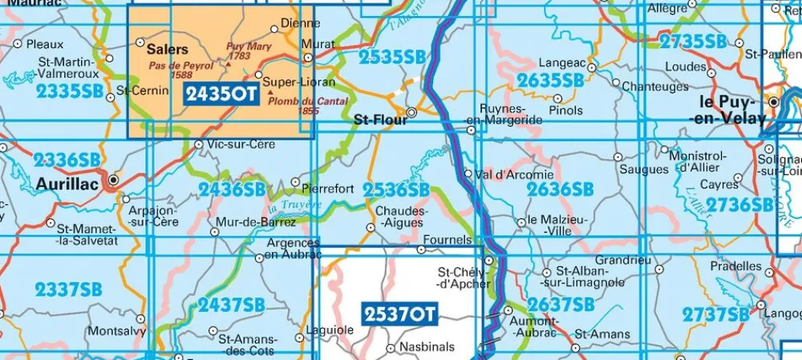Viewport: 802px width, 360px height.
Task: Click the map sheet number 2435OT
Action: tap(221, 95)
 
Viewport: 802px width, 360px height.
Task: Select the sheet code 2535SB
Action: tap(392, 56)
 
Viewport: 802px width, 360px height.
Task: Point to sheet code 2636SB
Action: tap(560, 189)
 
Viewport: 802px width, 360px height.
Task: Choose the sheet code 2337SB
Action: tap(69, 289)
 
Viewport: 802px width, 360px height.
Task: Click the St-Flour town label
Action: tap(379, 119)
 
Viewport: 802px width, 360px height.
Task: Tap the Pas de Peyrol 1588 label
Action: tap(181, 70)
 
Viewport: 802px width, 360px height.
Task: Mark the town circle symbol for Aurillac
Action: tap(113, 180)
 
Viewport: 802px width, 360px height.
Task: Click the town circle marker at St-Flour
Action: tap(412, 113)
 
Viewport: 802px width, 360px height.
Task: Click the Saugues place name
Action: tap(644, 169)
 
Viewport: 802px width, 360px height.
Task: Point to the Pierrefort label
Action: tap(329, 189)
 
